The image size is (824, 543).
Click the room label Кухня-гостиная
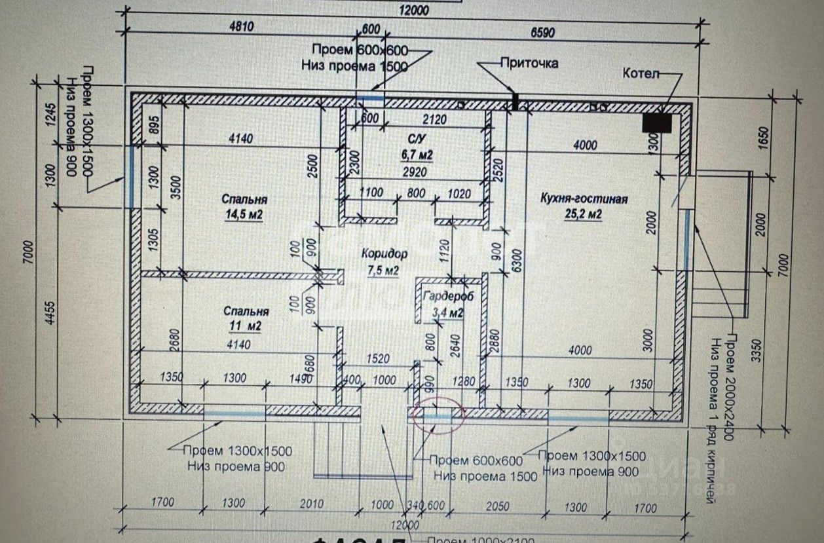point(584,198)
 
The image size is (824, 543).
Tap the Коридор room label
point(384,253)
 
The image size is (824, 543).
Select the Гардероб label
point(448,296)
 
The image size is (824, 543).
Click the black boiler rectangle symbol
point(657,122)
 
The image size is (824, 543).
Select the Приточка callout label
point(529,64)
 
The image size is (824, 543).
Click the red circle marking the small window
point(439,415)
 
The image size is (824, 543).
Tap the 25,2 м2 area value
point(584,214)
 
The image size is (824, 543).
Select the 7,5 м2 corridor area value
point(384,269)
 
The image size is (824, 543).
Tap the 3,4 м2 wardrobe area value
point(449,312)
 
